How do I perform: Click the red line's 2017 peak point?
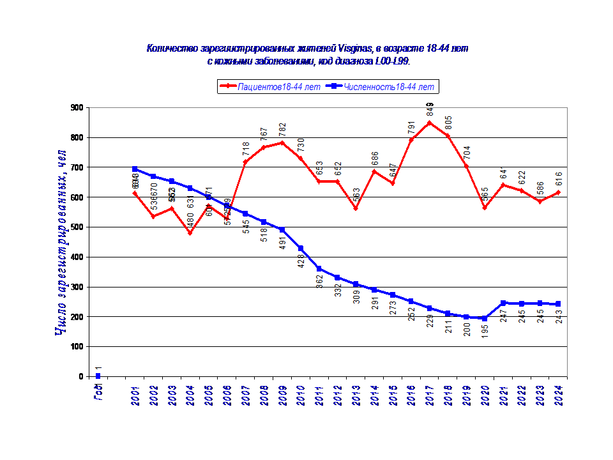pyautogui.click(x=430, y=123)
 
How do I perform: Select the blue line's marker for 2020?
pyautogui.click(x=485, y=318)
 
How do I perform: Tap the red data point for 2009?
pyautogui.click(x=282, y=142)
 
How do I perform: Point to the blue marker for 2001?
pyautogui.click(x=135, y=169)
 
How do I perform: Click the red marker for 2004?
pyautogui.click(x=190, y=233)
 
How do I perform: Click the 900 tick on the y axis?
pyautogui.click(x=77, y=108)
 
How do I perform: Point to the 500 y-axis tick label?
pyautogui.click(x=77, y=227)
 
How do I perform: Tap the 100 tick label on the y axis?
pyautogui.click(x=77, y=347)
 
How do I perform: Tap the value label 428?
pyautogui.click(x=301, y=260)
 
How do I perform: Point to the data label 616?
pyautogui.click(x=559, y=180)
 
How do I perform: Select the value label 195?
pyautogui.click(x=485, y=330)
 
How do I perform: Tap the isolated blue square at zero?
pyautogui.click(x=98, y=376)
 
